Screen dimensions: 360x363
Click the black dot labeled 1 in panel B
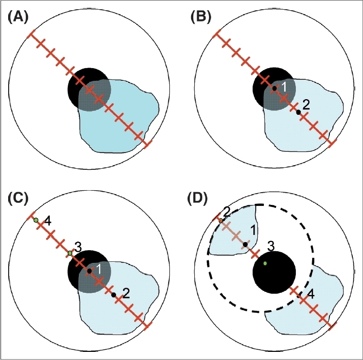tap(274, 88)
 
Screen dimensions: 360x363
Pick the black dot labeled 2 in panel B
tap(298, 112)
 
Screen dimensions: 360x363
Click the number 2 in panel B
tap(306, 105)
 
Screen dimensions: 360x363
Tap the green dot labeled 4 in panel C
tap(36, 220)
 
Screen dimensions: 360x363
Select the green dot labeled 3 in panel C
tap(70, 253)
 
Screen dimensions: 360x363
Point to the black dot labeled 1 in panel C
tap(89, 271)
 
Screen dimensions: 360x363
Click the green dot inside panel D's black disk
tap(265, 263)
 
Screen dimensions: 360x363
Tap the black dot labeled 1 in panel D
tap(245, 244)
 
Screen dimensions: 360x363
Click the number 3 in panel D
tap(271, 246)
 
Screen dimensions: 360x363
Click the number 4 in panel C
tap(47, 222)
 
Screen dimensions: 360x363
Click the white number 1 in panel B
tap(284, 87)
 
